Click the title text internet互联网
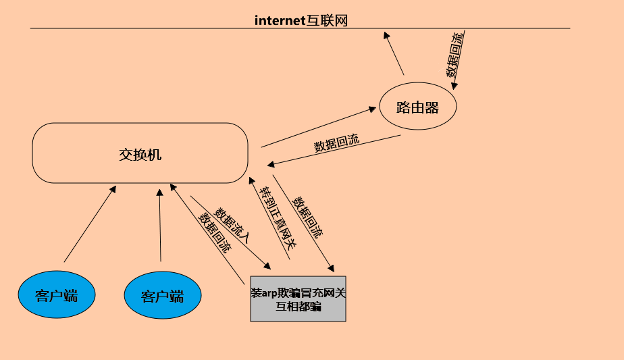[x=301, y=20]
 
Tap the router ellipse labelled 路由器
[x=417, y=107]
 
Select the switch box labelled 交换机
[x=140, y=153]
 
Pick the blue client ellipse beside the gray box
[x=163, y=295]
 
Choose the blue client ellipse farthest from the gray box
[x=57, y=294]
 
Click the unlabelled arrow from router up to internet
[x=394, y=53]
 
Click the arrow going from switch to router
[x=317, y=127]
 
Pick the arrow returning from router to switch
[x=334, y=151]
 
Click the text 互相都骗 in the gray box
[x=298, y=307]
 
